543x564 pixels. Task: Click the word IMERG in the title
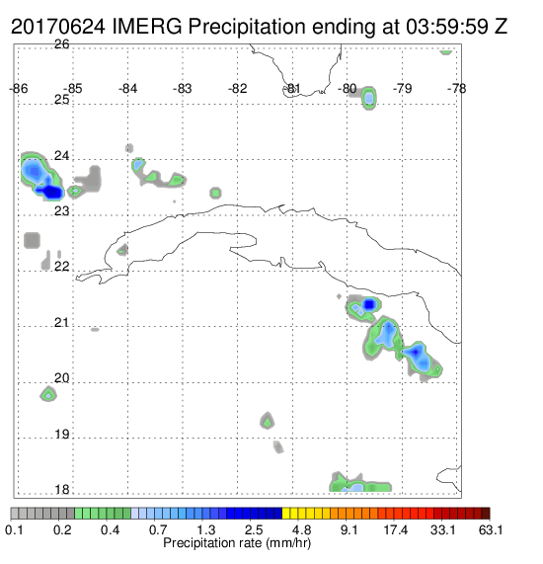tap(147, 27)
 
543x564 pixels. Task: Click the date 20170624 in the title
tap(58, 27)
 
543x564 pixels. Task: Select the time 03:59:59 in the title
tap(447, 27)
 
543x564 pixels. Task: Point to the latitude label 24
tap(61, 156)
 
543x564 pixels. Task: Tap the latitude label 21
tap(61, 323)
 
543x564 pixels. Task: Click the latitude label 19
tap(62, 435)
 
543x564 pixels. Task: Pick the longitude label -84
tap(127, 89)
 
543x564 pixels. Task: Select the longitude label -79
tap(402, 89)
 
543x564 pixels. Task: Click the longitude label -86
tap(19, 89)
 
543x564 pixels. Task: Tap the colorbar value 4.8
tap(301, 529)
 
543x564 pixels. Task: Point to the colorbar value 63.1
tap(491, 529)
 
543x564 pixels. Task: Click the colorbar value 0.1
tap(15, 529)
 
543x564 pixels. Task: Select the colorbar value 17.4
tap(396, 529)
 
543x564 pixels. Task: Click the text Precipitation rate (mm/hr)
tap(237, 543)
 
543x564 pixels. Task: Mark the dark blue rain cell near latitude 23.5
tap(50, 192)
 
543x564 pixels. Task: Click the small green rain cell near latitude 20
tap(48, 394)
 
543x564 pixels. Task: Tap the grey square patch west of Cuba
tap(32, 240)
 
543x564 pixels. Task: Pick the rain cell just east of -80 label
tap(368, 98)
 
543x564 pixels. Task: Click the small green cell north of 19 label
tap(267, 421)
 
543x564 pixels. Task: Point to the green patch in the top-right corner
tap(446, 52)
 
